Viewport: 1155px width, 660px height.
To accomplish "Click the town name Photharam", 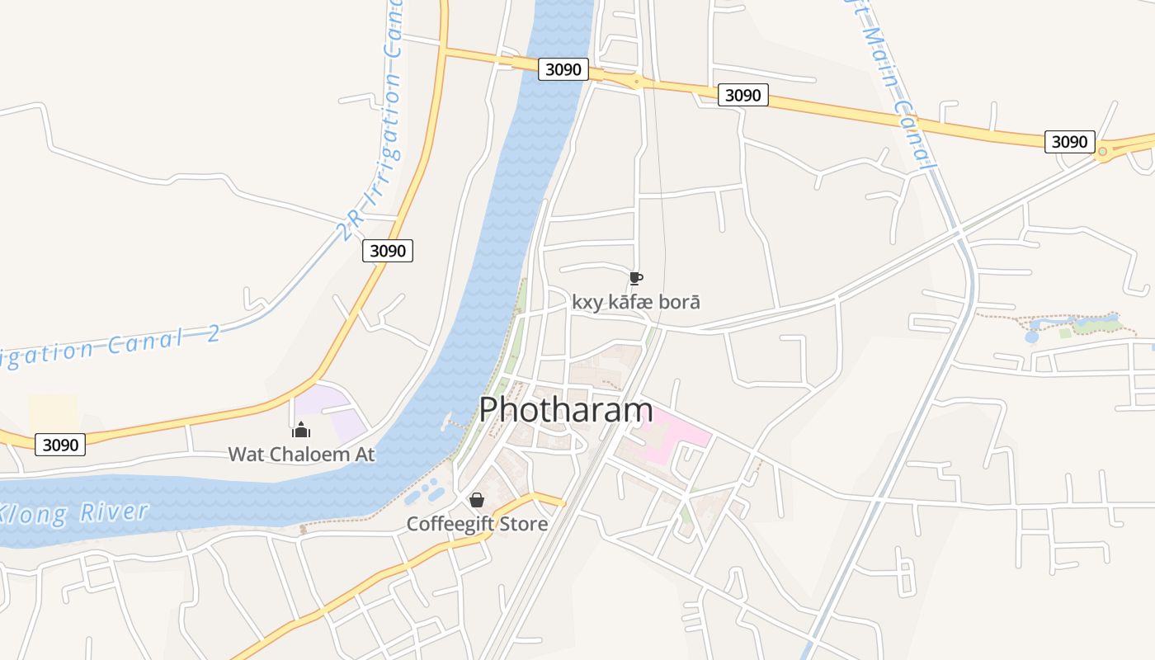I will coord(566,410).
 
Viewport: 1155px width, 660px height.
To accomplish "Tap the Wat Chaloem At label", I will coord(301,454).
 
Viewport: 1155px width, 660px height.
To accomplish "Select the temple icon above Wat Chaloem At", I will coord(301,430).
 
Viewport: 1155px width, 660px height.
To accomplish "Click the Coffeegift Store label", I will coord(477,524).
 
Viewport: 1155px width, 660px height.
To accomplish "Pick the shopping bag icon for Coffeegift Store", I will coord(477,500).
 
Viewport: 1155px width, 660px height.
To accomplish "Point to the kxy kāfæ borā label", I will coord(636,302).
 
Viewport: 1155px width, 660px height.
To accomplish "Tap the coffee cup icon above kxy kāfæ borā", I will coord(635,278).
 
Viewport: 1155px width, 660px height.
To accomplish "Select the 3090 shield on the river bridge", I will coord(563,69).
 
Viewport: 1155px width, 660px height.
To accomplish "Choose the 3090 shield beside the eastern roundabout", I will coord(1069,142).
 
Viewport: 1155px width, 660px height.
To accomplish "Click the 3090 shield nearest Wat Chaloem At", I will coord(60,445).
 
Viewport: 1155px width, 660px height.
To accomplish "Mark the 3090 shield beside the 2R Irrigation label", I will coord(387,251).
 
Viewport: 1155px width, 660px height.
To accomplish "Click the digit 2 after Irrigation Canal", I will coord(213,334).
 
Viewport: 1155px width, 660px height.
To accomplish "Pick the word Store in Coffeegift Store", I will coord(521,524).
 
